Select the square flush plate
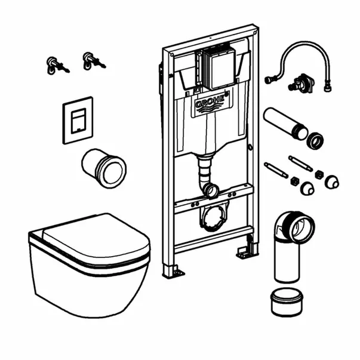(78, 119)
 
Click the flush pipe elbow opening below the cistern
(211, 190)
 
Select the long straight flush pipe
(284, 123)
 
